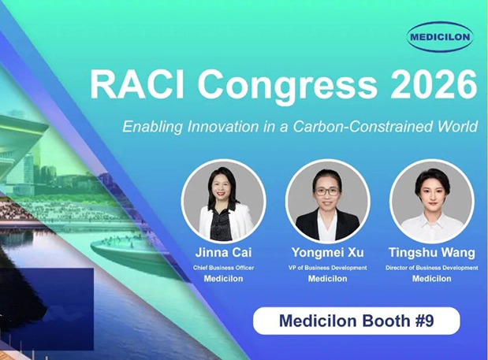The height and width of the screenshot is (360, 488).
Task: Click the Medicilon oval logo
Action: (x=440, y=37)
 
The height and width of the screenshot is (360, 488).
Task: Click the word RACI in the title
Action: (x=137, y=85)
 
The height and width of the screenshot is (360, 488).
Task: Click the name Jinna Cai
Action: (x=223, y=252)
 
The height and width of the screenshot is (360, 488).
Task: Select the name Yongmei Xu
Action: (x=327, y=252)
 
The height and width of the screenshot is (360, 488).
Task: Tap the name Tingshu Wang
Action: (x=432, y=252)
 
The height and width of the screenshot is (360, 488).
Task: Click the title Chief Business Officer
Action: (x=223, y=268)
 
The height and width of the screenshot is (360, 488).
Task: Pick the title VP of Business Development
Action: (x=327, y=268)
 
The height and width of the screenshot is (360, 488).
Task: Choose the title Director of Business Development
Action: (x=432, y=268)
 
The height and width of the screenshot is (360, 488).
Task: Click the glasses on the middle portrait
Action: (x=327, y=191)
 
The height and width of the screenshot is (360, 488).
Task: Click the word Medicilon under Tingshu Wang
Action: (x=432, y=279)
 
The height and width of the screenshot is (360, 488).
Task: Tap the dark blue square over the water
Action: (x=47, y=309)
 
